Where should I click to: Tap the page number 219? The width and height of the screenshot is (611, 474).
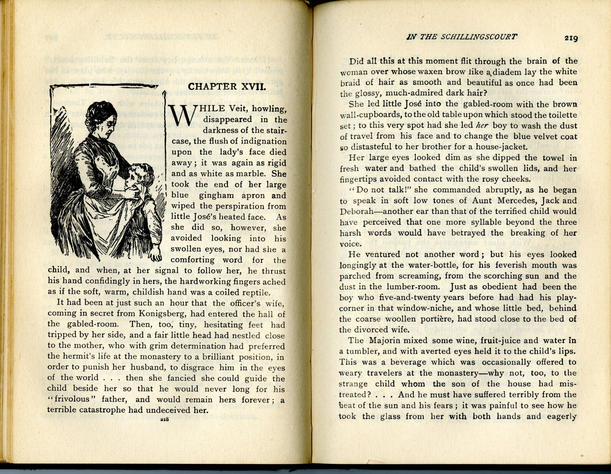tap(571, 38)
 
